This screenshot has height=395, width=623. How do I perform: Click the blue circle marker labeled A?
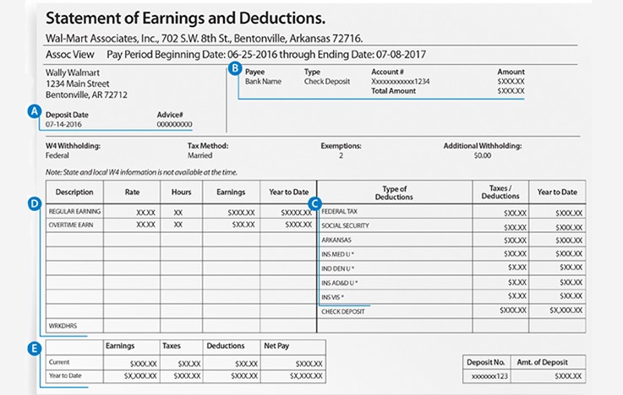(35, 111)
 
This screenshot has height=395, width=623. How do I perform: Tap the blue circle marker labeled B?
(234, 69)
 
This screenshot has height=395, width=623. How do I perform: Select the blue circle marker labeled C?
(314, 203)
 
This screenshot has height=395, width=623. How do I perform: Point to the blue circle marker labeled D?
(35, 203)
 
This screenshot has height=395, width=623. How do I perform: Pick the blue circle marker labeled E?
(35, 348)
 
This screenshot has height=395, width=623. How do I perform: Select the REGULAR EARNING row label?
(74, 210)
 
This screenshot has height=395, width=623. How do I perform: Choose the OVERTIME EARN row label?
(74, 225)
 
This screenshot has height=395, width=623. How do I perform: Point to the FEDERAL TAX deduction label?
(341, 211)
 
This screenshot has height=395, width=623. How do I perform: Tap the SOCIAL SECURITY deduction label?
(346, 226)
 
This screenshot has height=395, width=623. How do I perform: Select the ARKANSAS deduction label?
(337, 241)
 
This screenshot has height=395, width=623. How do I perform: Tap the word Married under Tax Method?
(199, 156)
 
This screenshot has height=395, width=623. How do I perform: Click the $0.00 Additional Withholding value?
(482, 156)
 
